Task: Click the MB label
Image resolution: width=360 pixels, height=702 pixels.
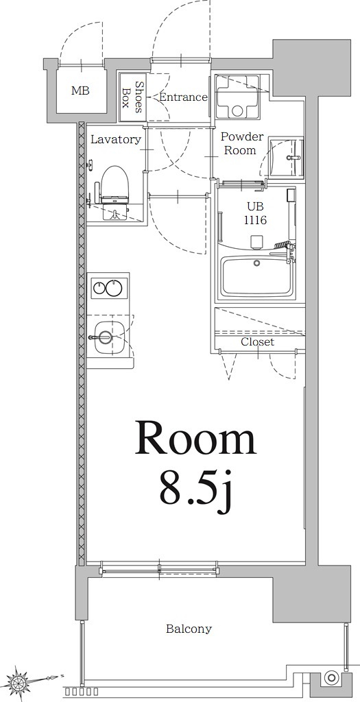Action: pyautogui.click(x=80, y=90)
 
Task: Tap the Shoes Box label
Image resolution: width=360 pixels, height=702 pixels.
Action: pyautogui.click(x=132, y=97)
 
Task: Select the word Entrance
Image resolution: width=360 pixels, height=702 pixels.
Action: pyautogui.click(x=183, y=97)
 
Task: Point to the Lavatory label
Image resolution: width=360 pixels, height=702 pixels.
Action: pyautogui.click(x=116, y=139)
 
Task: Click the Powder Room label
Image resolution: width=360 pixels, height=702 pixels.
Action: pyautogui.click(x=241, y=143)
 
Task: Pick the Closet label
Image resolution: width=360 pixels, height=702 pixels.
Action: pyautogui.click(x=257, y=341)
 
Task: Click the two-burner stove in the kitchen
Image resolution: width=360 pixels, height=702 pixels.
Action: pyautogui.click(x=108, y=288)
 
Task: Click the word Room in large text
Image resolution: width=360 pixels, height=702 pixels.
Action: pyautogui.click(x=195, y=439)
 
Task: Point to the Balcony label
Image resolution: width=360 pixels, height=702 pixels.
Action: pyautogui.click(x=189, y=629)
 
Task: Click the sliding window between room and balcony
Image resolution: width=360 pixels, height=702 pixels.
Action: pyautogui.click(x=159, y=568)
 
